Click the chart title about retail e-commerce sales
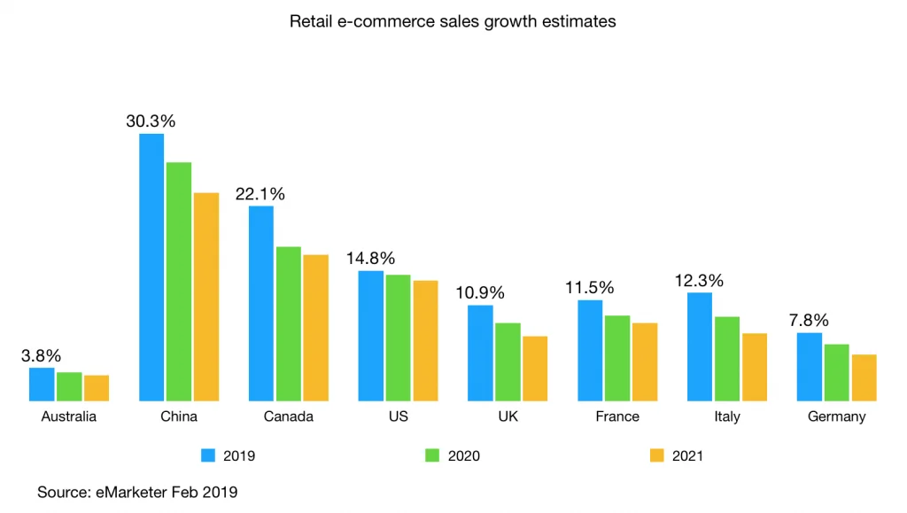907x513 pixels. (453, 21)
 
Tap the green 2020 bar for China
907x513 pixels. (179, 282)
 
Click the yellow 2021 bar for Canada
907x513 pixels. (316, 328)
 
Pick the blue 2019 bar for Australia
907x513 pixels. (42, 385)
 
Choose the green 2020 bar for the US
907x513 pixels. (398, 338)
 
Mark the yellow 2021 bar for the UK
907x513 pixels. (535, 369)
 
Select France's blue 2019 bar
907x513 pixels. (590, 350)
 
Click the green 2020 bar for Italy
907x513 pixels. (727, 359)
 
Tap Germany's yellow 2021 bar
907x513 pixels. (864, 377)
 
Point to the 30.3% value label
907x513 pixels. (151, 121)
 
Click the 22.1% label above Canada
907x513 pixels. (260, 194)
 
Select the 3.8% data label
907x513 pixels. (41, 355)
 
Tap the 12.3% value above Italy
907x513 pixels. (699, 280)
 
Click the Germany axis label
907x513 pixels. (836, 416)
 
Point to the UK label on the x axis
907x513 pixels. (508, 416)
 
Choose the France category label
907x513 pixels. (617, 416)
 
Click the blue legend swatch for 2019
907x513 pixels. (209, 455)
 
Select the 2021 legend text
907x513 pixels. (688, 455)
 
